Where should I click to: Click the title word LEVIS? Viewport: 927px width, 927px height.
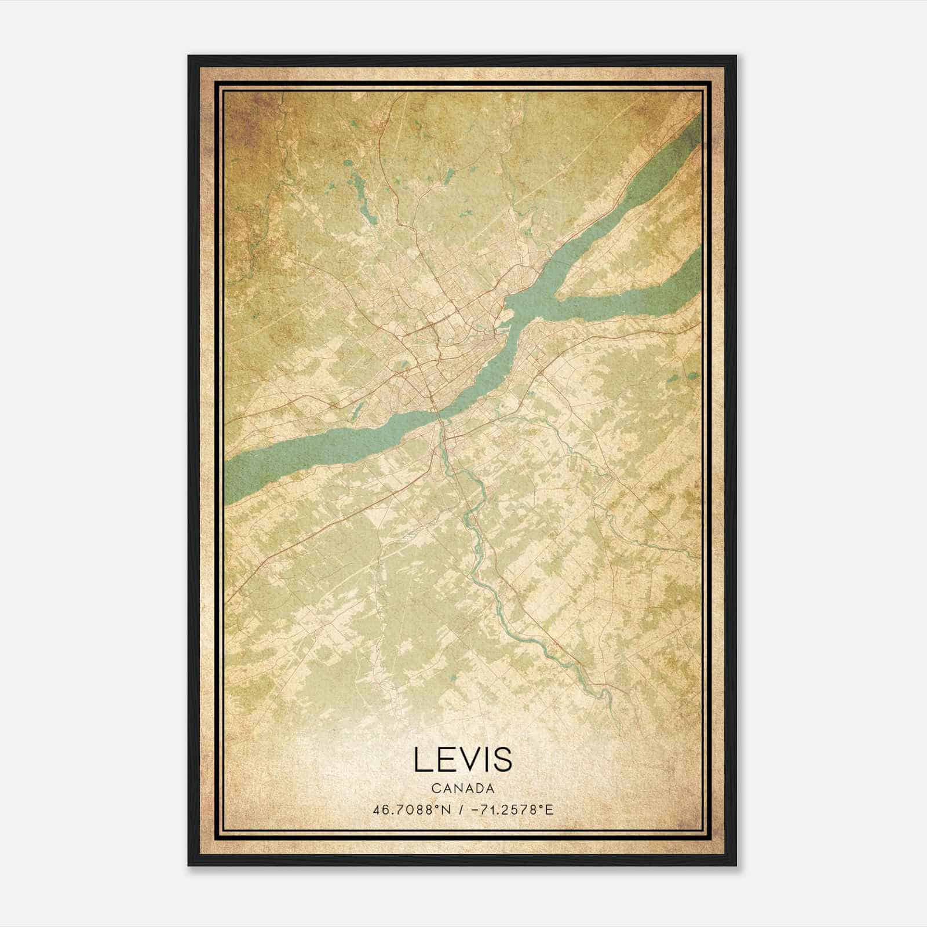click(x=463, y=760)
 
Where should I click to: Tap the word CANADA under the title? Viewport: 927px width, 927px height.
click(x=463, y=789)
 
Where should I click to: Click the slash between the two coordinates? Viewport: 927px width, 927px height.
click(x=460, y=809)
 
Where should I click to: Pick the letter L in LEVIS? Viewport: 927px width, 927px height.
click(x=421, y=760)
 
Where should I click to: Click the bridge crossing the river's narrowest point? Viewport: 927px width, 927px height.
click(x=439, y=414)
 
